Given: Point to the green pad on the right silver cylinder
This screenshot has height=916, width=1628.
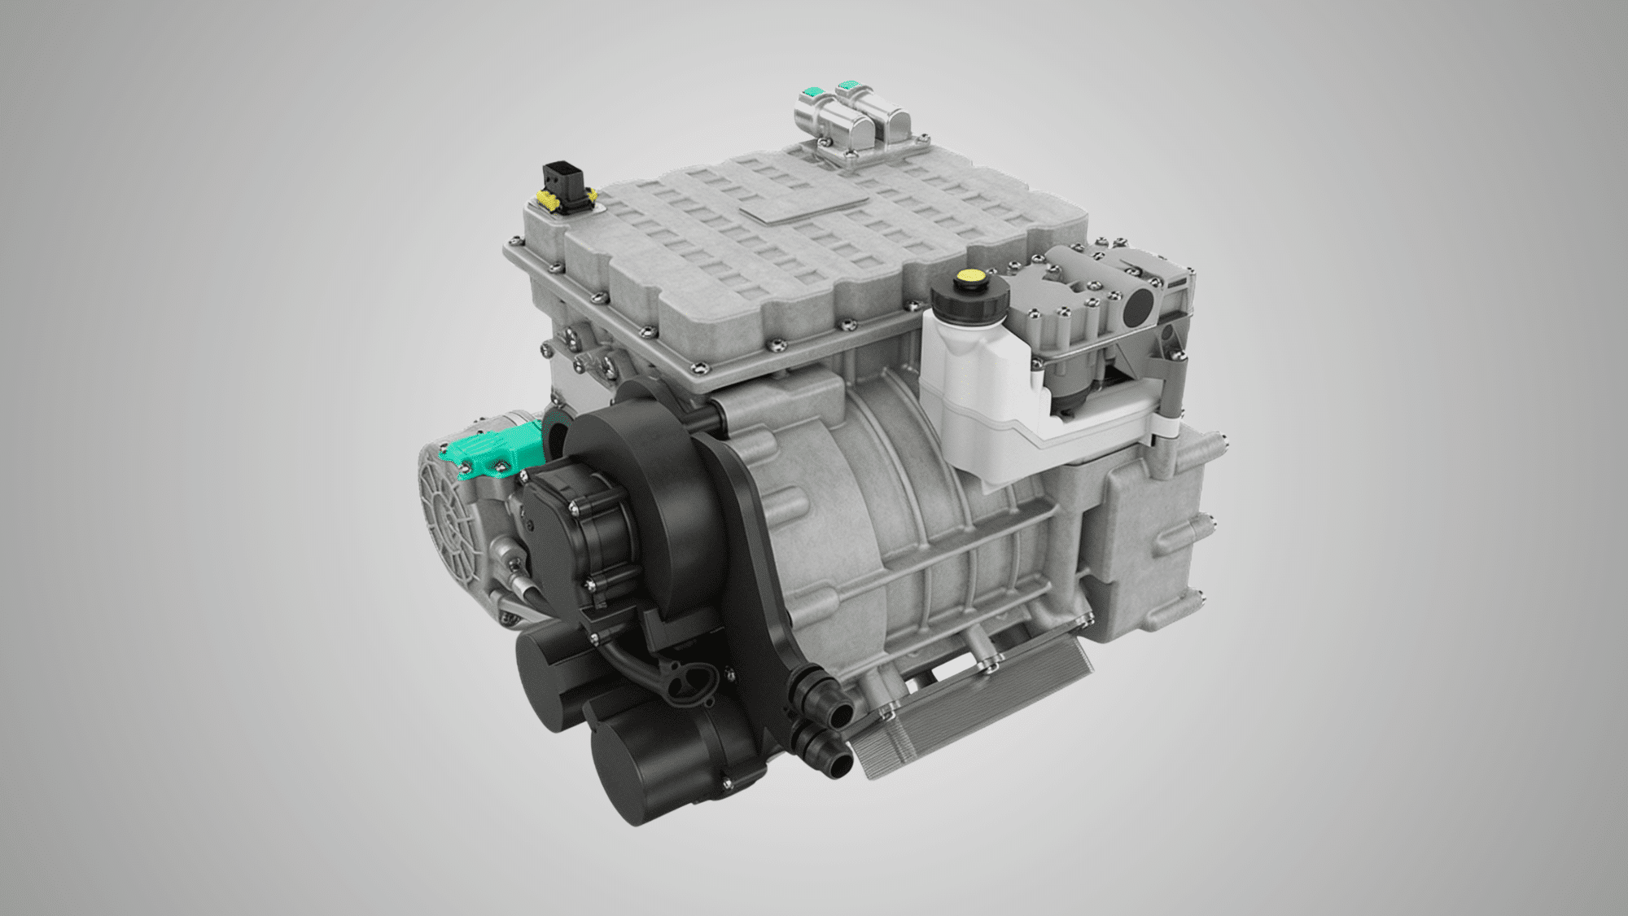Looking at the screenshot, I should click(x=849, y=85).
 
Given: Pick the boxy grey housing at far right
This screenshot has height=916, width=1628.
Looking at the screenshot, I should click(x=1156, y=537).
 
